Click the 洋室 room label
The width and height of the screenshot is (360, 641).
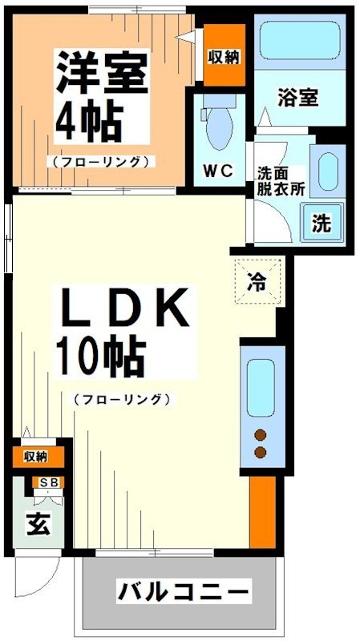[102, 73]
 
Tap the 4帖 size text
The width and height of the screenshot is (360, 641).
[89, 121]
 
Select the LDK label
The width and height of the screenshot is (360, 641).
[123, 308]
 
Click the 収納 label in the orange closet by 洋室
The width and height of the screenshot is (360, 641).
[224, 56]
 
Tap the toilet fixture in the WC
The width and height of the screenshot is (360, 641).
[216, 121]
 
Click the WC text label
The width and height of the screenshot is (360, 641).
[217, 171]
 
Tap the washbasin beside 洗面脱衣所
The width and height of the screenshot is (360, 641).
[326, 171]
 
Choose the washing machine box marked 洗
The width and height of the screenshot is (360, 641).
[322, 224]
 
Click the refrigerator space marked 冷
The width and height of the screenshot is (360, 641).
[258, 280]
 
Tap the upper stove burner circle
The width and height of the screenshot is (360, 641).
[260, 435]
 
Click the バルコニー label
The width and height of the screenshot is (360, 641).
[183, 594]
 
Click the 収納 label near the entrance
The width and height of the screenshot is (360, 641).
[35, 457]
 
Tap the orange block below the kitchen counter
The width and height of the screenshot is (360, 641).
[261, 514]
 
